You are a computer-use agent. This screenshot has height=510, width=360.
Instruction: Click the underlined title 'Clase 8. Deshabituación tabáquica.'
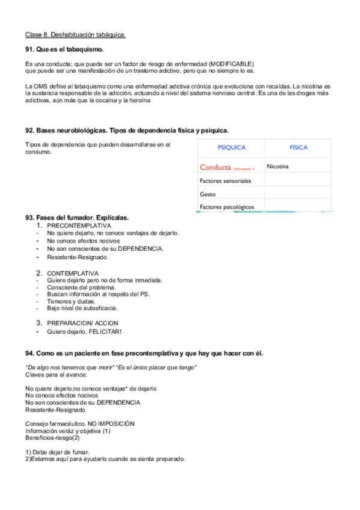pyautogui.click(x=76, y=35)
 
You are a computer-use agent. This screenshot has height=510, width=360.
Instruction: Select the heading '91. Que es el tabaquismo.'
pyautogui.click(x=64, y=49)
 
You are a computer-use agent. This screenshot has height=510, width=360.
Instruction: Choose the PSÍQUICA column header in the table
pyautogui.click(x=231, y=147)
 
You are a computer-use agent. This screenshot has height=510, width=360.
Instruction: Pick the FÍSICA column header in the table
pyautogui.click(x=298, y=147)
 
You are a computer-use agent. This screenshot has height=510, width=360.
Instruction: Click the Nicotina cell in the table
pyautogui.click(x=278, y=167)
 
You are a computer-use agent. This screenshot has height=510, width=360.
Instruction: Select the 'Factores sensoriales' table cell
pyautogui.click(x=225, y=180)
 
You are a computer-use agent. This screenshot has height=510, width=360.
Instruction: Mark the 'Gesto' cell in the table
pyautogui.click(x=207, y=194)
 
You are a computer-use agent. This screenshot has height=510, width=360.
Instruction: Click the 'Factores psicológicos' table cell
pyautogui.click(x=227, y=207)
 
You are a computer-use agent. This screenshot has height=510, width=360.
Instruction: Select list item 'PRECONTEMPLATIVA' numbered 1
pyautogui.click(x=79, y=226)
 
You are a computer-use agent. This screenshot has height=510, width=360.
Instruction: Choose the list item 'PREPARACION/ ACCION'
pyautogui.click(x=82, y=323)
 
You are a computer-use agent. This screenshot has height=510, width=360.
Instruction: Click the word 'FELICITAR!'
pyautogui.click(x=105, y=331)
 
